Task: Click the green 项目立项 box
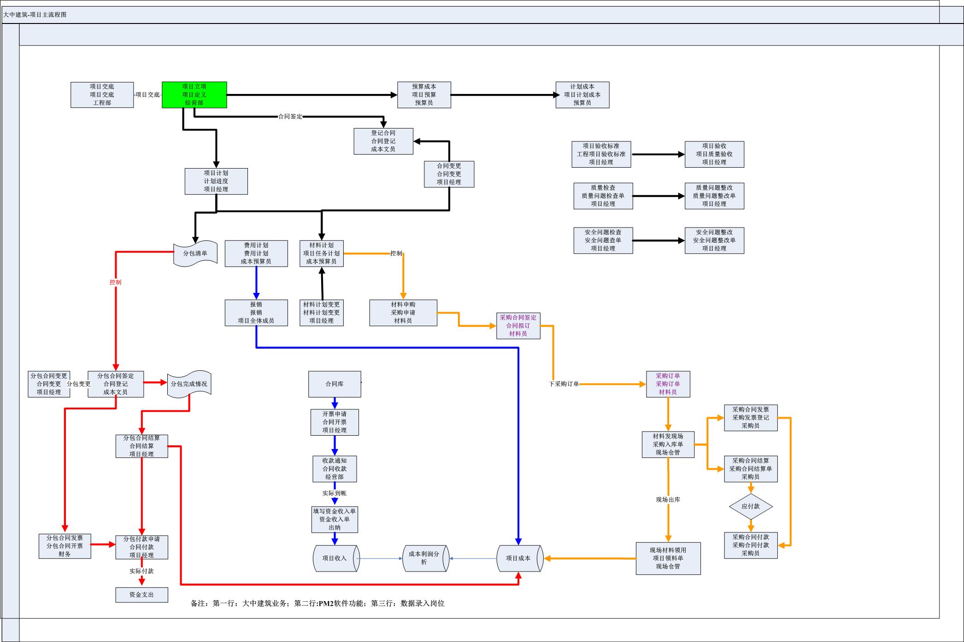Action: tap(194, 95)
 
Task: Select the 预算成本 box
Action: tap(424, 95)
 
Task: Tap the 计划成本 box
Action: tap(582, 95)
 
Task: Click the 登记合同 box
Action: tap(383, 141)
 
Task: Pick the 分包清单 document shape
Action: tap(195, 253)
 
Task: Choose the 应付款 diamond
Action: tap(750, 506)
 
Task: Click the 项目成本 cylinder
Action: tap(519, 558)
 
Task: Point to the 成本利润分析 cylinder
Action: tap(425, 558)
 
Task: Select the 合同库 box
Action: tap(334, 384)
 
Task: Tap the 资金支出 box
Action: tap(141, 595)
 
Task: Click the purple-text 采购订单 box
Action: tap(668, 384)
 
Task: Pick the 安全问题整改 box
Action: tap(714, 240)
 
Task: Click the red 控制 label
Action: tap(115, 282)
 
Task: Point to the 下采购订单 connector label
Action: tap(564, 384)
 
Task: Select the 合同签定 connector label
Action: tap(290, 117)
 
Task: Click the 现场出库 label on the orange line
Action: tap(668, 500)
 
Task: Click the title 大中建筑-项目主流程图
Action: tap(35, 15)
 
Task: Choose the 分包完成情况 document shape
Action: tap(189, 384)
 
